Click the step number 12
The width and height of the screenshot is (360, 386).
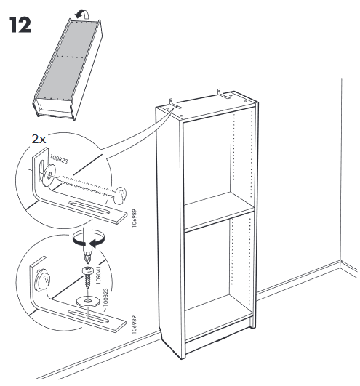20,25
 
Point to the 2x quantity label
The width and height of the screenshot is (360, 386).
39,140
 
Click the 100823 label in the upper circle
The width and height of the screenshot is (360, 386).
59,159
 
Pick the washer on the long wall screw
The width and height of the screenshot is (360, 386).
49,175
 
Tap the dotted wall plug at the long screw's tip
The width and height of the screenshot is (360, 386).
119,196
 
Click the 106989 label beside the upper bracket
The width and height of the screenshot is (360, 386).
135,218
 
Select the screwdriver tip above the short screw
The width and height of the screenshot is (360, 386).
87,257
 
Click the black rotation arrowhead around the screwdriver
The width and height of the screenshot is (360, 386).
95,243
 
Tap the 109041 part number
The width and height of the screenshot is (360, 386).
98,275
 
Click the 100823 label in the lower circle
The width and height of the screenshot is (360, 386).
105,297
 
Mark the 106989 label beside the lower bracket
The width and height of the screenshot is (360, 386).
134,324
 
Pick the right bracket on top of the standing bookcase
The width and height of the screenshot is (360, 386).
223,94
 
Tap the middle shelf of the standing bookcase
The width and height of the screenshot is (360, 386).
219,212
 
